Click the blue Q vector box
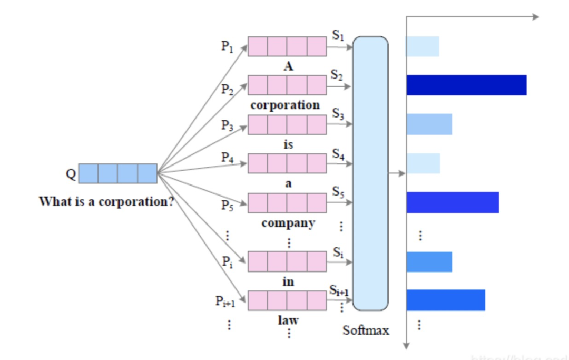117,173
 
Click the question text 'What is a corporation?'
106,202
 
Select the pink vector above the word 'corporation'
287,85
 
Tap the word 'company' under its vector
288,223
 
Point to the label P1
227,46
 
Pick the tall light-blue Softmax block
370,173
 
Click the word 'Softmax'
366,330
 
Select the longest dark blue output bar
466,85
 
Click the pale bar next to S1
423,46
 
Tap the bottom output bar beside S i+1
446,300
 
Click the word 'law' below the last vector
288,320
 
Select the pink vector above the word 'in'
287,261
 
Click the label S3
338,114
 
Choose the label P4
227,157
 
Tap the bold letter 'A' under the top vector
288,66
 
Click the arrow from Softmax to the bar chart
397,173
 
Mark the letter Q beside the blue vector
71,173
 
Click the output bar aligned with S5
453,202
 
